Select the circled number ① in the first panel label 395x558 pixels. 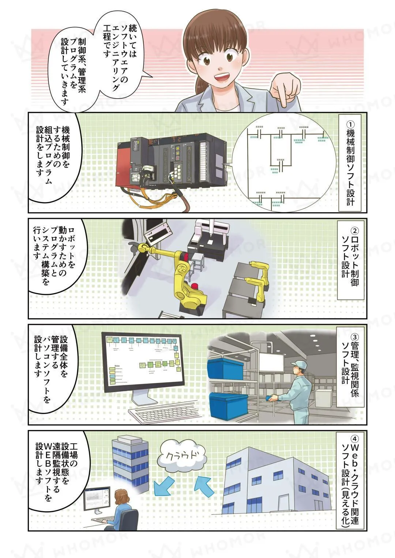(x=350, y=124)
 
